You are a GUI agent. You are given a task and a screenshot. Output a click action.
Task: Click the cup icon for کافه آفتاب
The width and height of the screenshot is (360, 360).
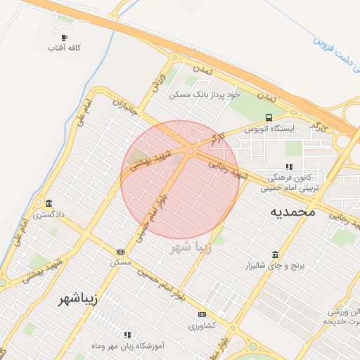click(65, 38)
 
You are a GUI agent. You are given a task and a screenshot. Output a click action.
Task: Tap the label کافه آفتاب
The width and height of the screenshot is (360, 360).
click(65, 49)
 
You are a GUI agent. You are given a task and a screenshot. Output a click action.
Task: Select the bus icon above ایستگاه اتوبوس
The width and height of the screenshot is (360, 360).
click(268, 117)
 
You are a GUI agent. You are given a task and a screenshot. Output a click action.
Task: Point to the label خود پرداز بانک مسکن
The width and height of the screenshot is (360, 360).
click(206, 94)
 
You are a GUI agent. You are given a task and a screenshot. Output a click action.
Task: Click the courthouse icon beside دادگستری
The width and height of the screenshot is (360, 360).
click(47, 202)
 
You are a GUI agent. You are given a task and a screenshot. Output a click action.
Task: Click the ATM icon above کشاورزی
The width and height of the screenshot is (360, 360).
click(202, 314)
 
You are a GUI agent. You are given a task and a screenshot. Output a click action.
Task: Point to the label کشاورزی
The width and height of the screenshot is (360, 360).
click(202, 326)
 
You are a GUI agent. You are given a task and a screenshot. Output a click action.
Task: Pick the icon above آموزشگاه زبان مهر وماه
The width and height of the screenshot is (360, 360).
click(127, 335)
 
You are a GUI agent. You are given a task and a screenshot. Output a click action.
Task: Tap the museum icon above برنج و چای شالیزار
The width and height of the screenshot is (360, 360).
click(274, 255)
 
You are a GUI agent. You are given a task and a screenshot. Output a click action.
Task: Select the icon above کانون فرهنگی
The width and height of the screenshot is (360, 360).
click(288, 167)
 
